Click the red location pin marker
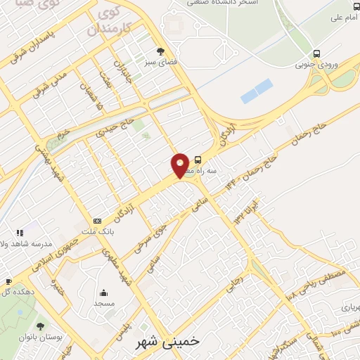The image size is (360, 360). [180, 165]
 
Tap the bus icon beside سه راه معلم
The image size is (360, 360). [198, 160]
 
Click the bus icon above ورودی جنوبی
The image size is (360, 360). [317, 53]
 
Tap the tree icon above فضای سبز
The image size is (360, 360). [161, 51]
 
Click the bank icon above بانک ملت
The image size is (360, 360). [97, 221]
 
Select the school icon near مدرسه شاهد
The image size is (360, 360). [20, 233]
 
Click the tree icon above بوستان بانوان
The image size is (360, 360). [40, 326]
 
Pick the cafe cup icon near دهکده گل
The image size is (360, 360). [6, 282]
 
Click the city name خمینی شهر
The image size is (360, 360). [168, 341]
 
